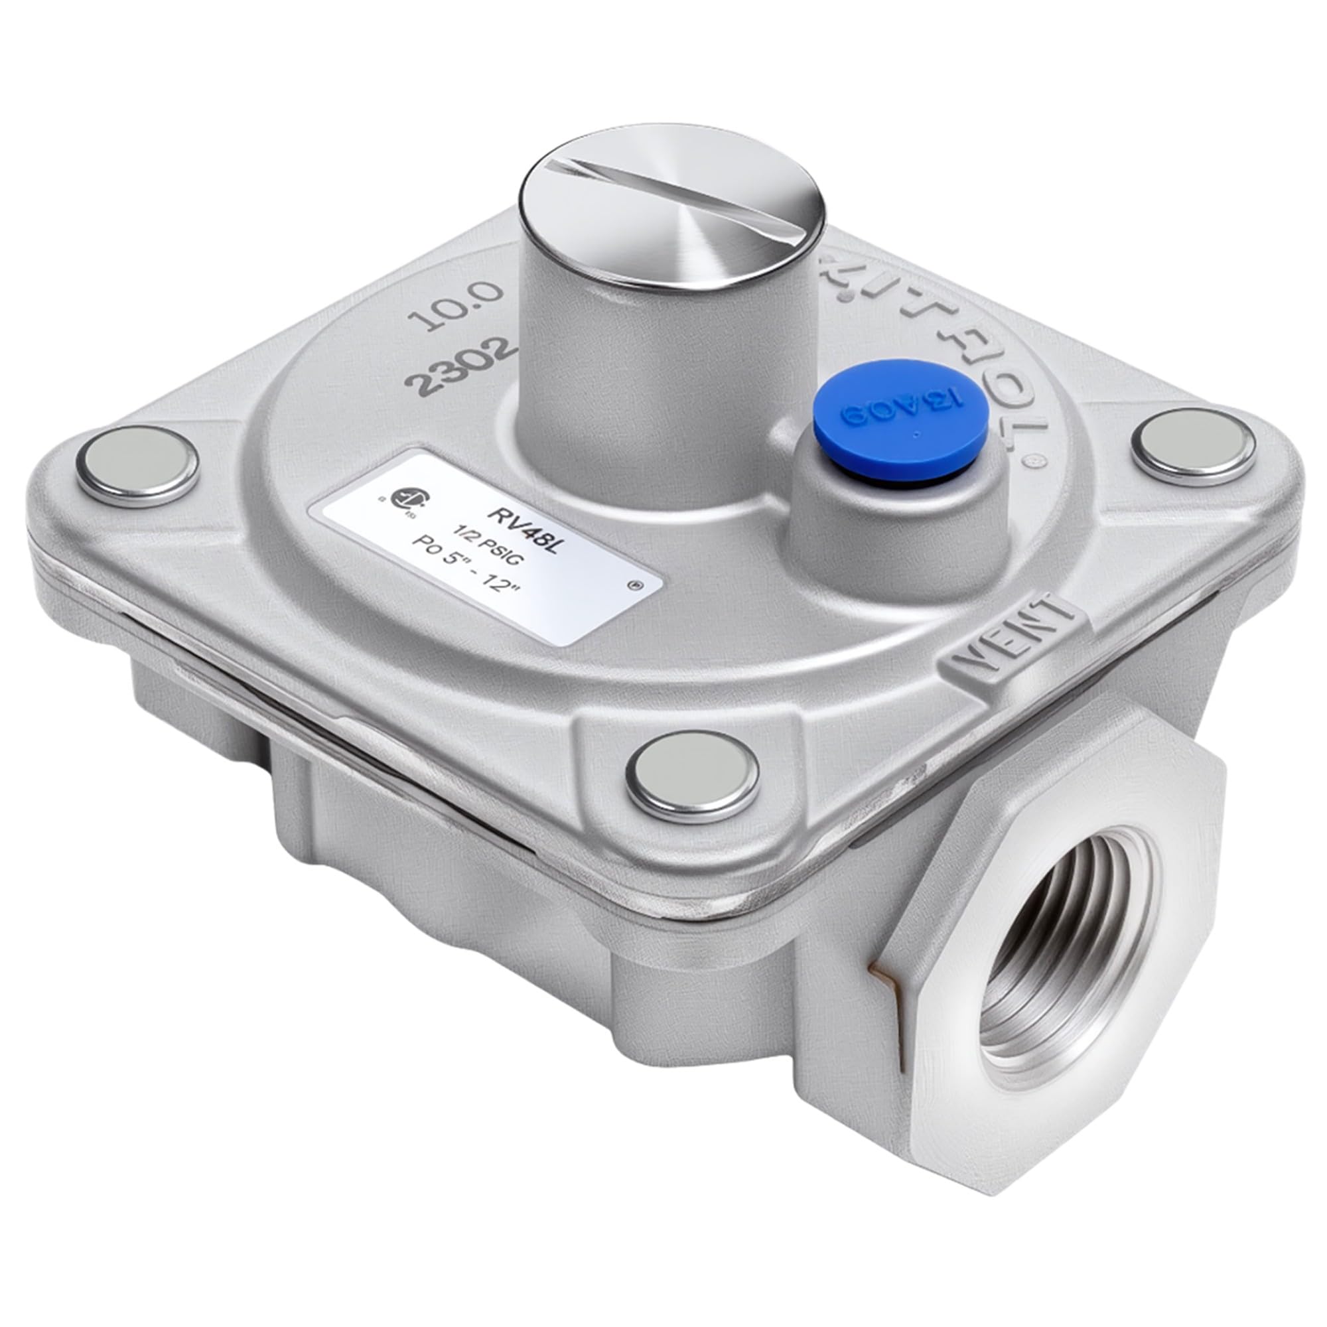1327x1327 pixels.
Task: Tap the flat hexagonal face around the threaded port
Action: (975, 1072)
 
